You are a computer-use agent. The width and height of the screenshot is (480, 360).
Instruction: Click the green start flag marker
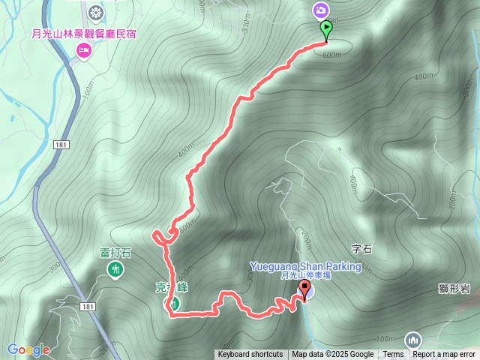(327, 30)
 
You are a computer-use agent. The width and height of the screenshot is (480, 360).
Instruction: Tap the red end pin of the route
(304, 289)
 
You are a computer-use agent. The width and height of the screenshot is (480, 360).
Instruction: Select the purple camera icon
(320, 10)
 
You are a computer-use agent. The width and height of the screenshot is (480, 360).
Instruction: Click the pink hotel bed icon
(83, 50)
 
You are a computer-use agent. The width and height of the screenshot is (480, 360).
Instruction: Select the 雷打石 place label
(115, 253)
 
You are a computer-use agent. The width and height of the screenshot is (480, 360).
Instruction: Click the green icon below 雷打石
(115, 268)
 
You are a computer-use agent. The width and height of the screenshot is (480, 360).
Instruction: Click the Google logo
(28, 349)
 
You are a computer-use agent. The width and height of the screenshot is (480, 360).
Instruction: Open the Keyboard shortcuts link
(250, 355)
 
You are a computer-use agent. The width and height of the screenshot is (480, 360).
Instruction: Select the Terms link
(393, 355)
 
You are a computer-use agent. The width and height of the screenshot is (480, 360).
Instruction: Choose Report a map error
(444, 355)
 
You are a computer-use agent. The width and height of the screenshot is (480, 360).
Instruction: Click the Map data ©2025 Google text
(332, 355)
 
